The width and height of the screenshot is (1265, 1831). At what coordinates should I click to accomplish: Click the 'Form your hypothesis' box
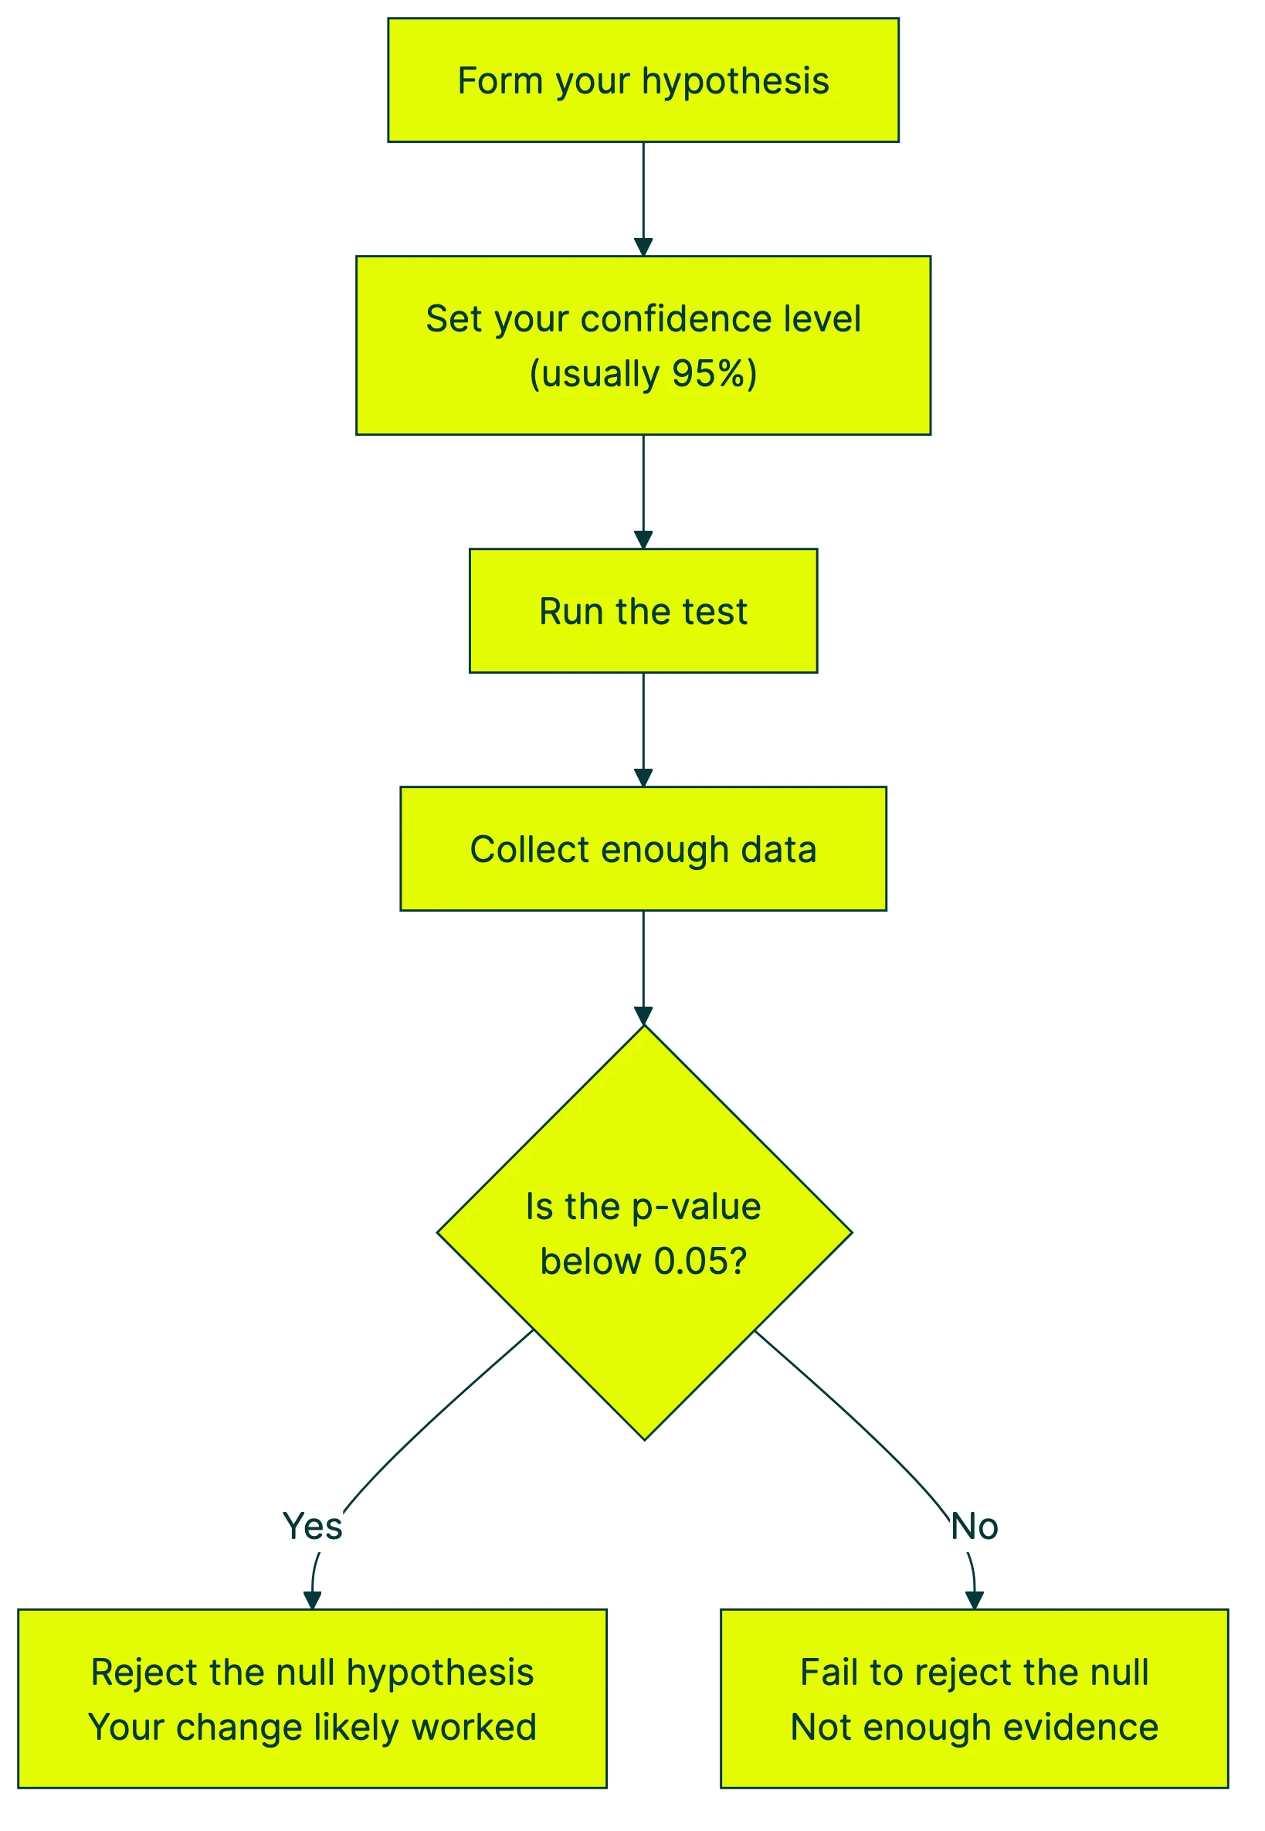[643, 80]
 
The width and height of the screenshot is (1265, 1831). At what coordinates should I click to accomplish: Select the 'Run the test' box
[643, 610]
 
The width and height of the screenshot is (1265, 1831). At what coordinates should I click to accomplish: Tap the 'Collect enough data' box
[643, 848]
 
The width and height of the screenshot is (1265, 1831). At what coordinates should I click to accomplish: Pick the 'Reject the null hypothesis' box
[312, 1699]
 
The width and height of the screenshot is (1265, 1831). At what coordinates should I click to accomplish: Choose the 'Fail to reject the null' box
[973, 1699]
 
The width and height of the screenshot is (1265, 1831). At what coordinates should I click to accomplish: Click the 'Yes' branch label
[312, 1526]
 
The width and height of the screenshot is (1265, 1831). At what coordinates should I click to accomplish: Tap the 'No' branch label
[974, 1526]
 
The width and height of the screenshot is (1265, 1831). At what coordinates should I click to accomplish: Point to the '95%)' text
[714, 373]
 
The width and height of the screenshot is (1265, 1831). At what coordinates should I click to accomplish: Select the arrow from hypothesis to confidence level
[643, 199]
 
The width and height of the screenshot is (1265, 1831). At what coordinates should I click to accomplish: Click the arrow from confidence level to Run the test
[643, 491]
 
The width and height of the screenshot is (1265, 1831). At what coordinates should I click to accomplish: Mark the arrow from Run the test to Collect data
[643, 729]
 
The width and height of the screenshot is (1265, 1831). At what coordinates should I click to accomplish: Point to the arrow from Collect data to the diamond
[643, 967]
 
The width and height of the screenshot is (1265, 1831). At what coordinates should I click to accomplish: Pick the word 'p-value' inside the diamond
[696, 1207]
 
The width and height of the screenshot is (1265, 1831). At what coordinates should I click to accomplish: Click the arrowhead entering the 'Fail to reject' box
[974, 1599]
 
